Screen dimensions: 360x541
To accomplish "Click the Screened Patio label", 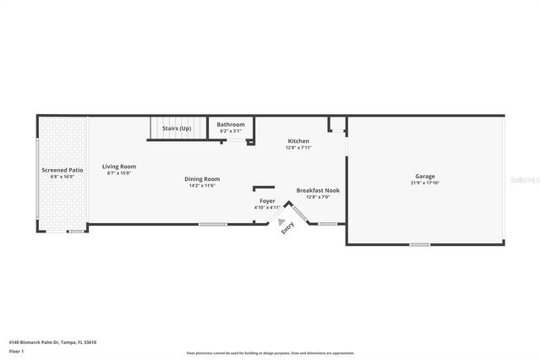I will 63,170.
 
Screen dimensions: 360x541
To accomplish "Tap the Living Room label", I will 119,166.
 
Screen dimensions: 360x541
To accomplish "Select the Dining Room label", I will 202,178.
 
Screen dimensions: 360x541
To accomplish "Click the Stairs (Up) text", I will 177,128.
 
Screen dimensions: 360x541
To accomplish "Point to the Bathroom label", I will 231,124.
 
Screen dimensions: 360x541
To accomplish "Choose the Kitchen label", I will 298,140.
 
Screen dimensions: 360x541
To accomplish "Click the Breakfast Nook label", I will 317,190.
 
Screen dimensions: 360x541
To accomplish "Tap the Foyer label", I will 267,200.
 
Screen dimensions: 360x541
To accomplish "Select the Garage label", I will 424,176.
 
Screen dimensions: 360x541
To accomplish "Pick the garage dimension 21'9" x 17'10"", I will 424,183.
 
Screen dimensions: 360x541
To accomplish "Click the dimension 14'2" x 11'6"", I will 202,185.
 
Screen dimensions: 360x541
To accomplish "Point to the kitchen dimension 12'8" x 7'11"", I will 298,147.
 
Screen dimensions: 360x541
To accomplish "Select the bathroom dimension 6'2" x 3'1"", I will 231,131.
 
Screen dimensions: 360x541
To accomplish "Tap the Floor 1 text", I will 16,350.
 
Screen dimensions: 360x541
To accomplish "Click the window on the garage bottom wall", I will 419,245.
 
